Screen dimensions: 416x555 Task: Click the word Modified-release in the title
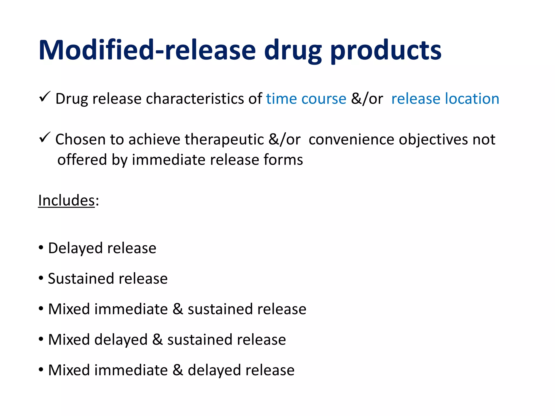(x=147, y=50)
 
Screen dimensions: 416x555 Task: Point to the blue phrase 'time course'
(x=306, y=99)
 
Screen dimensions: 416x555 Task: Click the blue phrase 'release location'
(x=445, y=99)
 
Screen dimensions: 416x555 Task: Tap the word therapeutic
(x=224, y=139)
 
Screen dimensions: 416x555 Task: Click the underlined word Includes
(x=66, y=200)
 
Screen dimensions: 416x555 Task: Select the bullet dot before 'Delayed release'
(x=41, y=248)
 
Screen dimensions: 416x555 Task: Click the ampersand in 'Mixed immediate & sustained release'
(x=178, y=309)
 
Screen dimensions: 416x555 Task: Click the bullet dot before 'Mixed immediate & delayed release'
(x=41, y=370)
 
